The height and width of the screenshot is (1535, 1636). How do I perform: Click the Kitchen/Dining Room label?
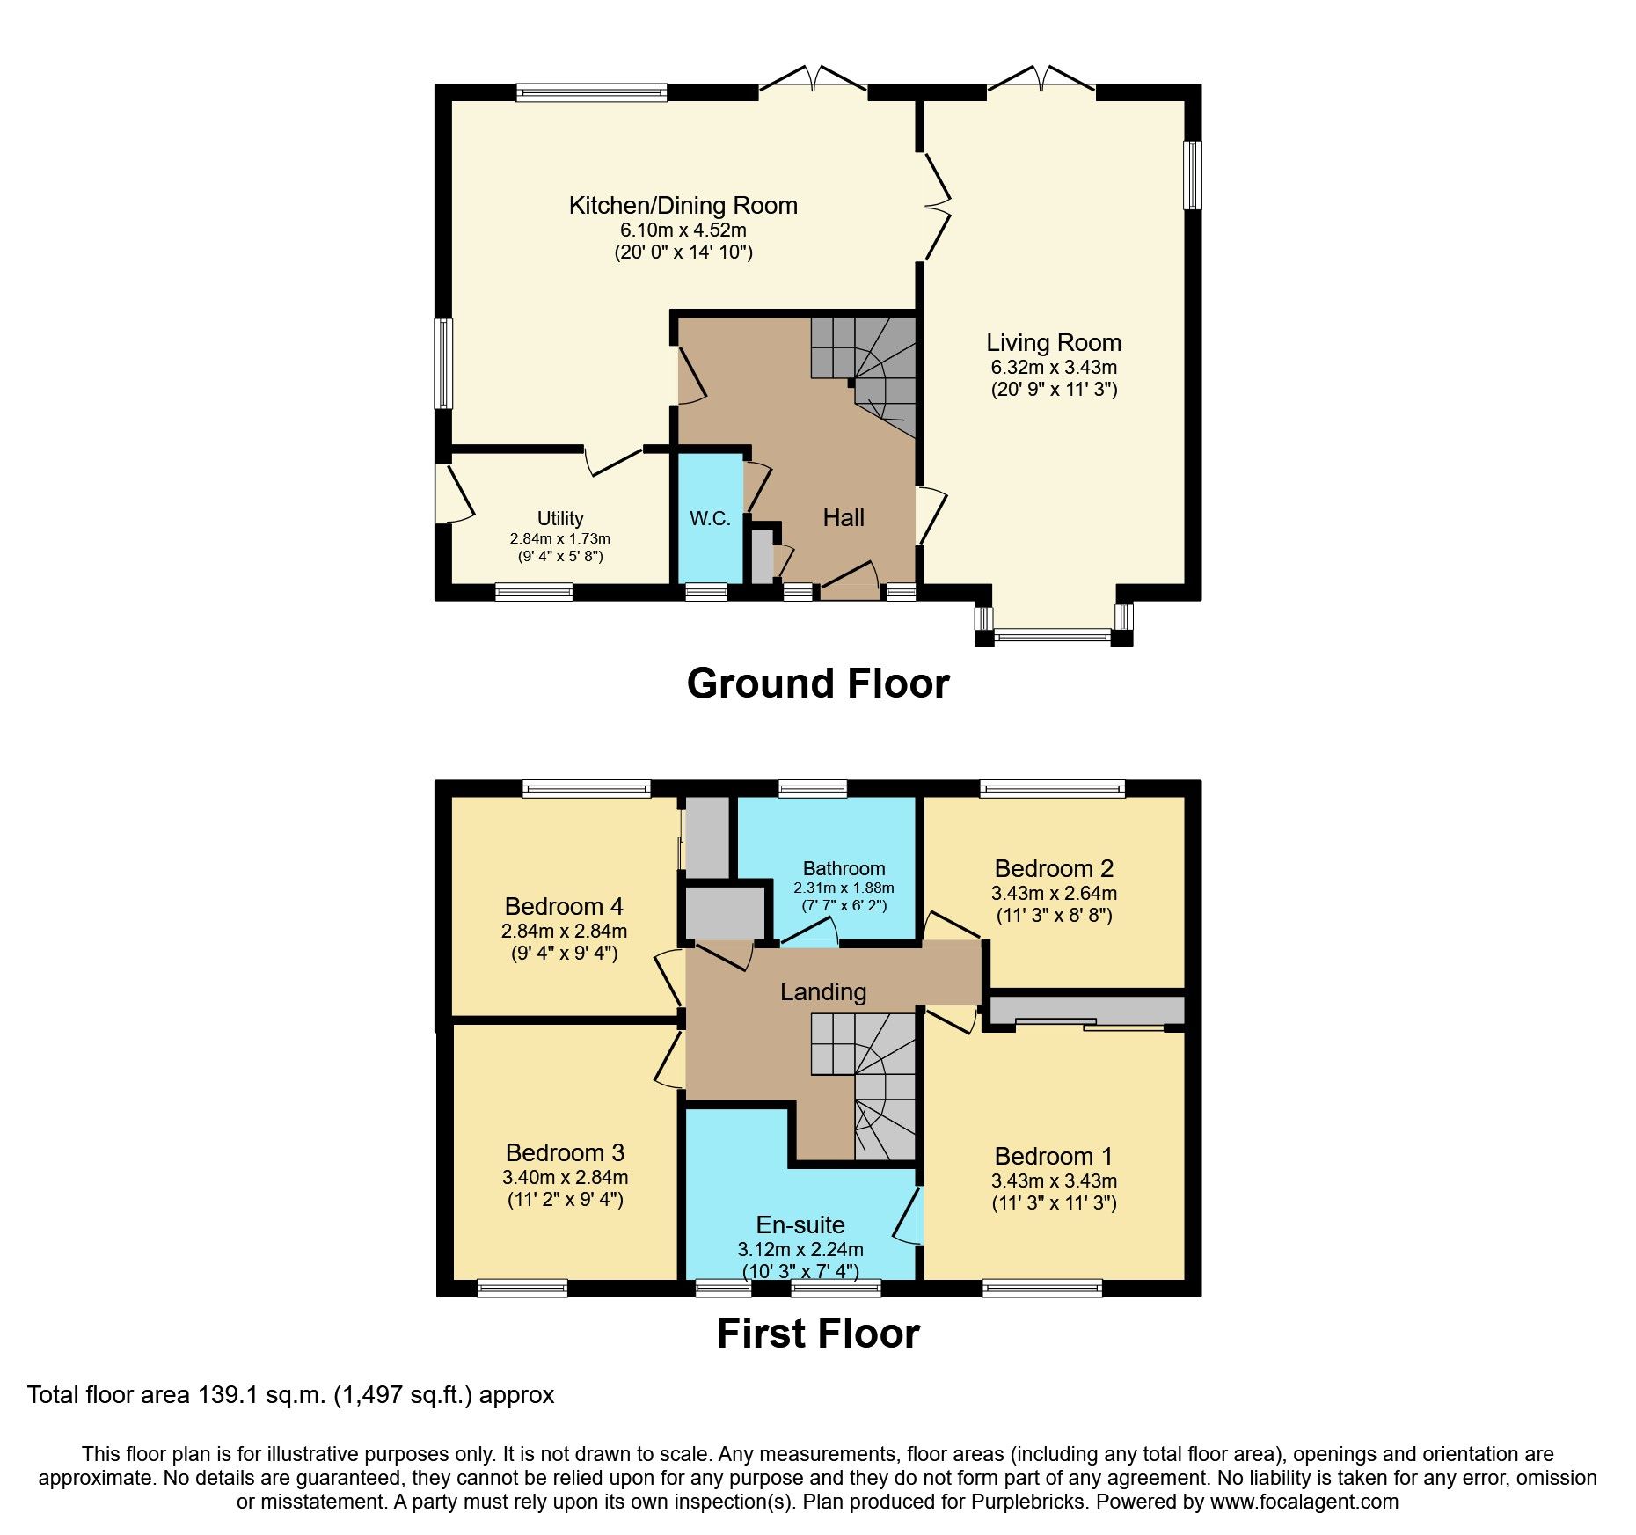pyautogui.click(x=683, y=206)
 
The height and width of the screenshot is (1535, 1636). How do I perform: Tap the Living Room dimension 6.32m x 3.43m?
pyautogui.click(x=1054, y=367)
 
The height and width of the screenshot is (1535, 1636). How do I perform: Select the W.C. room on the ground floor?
pyautogui.click(x=710, y=518)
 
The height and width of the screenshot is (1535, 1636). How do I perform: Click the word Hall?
pyautogui.click(x=844, y=517)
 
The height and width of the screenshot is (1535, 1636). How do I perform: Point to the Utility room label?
pyautogui.click(x=560, y=518)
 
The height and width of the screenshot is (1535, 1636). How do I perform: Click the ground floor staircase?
pyautogui.click(x=866, y=369)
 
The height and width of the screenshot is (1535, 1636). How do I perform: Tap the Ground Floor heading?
pyautogui.click(x=817, y=683)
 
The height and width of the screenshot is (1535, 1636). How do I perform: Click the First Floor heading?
pyautogui.click(x=817, y=1334)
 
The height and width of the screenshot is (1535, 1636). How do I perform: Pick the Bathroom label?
pyautogui.click(x=844, y=868)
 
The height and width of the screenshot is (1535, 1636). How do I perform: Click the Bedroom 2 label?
pyautogui.click(x=1054, y=868)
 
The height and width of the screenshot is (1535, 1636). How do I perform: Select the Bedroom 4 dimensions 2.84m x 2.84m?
pyautogui.click(x=564, y=931)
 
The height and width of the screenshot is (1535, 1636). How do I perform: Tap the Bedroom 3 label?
pyautogui.click(x=565, y=1152)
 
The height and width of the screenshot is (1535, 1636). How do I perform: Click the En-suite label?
pyautogui.click(x=800, y=1224)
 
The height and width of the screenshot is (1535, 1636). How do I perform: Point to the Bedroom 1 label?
pyautogui.click(x=1054, y=1156)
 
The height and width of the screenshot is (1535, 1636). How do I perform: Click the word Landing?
pyautogui.click(x=823, y=991)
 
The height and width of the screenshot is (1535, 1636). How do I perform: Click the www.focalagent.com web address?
pyautogui.click(x=1304, y=1502)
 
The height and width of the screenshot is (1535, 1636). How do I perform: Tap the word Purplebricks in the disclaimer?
pyautogui.click(x=1028, y=1502)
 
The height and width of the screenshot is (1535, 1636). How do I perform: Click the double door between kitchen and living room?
pyautogui.click(x=938, y=208)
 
